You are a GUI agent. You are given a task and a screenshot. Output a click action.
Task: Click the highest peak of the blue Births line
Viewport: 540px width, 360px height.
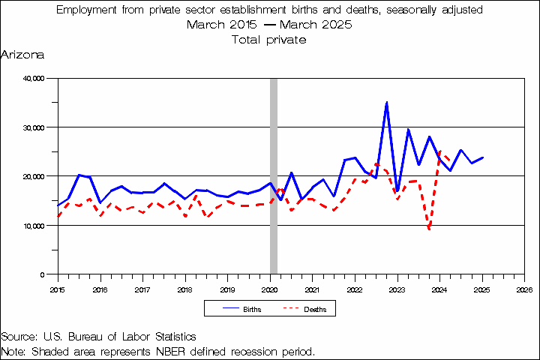[386, 103]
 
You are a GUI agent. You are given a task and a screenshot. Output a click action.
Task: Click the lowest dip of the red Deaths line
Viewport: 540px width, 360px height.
[429, 229]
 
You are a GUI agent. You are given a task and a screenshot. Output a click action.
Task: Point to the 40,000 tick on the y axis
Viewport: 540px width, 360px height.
[34, 78]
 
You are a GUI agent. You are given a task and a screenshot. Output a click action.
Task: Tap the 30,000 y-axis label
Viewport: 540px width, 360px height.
[34, 127]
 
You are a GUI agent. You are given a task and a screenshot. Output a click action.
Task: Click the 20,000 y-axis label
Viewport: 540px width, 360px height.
[34, 176]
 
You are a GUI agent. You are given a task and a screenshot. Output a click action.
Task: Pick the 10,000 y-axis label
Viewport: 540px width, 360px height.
[34, 226]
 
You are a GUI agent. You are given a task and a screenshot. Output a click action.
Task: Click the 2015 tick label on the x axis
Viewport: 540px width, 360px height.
[58, 289]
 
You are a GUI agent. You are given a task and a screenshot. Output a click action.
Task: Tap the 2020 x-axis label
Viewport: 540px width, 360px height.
[270, 289]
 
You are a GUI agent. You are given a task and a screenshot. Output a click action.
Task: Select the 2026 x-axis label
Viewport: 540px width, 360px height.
[524, 289]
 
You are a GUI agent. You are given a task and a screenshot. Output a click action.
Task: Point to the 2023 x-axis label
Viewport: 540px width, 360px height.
[397, 289]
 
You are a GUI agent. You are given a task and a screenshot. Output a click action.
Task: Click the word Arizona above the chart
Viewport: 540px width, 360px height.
[22, 55]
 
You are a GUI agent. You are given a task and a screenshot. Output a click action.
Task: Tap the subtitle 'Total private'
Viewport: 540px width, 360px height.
[270, 39]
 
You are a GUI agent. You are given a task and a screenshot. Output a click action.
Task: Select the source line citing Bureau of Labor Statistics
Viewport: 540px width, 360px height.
[98, 337]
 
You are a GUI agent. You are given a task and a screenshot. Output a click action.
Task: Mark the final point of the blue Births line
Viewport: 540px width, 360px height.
[482, 157]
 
